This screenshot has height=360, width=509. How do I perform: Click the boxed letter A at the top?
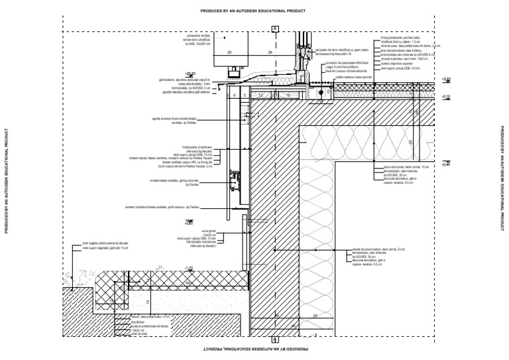[274, 28]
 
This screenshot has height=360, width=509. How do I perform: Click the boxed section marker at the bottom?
[274, 339]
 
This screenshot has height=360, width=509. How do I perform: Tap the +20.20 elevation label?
[191, 74]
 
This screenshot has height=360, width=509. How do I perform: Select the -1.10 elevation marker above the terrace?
[188, 268]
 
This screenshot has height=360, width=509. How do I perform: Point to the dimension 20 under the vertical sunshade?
[230, 51]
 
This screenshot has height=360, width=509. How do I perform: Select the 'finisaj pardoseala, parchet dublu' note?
[405, 38]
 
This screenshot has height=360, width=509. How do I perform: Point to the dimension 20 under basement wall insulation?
[314, 316]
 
